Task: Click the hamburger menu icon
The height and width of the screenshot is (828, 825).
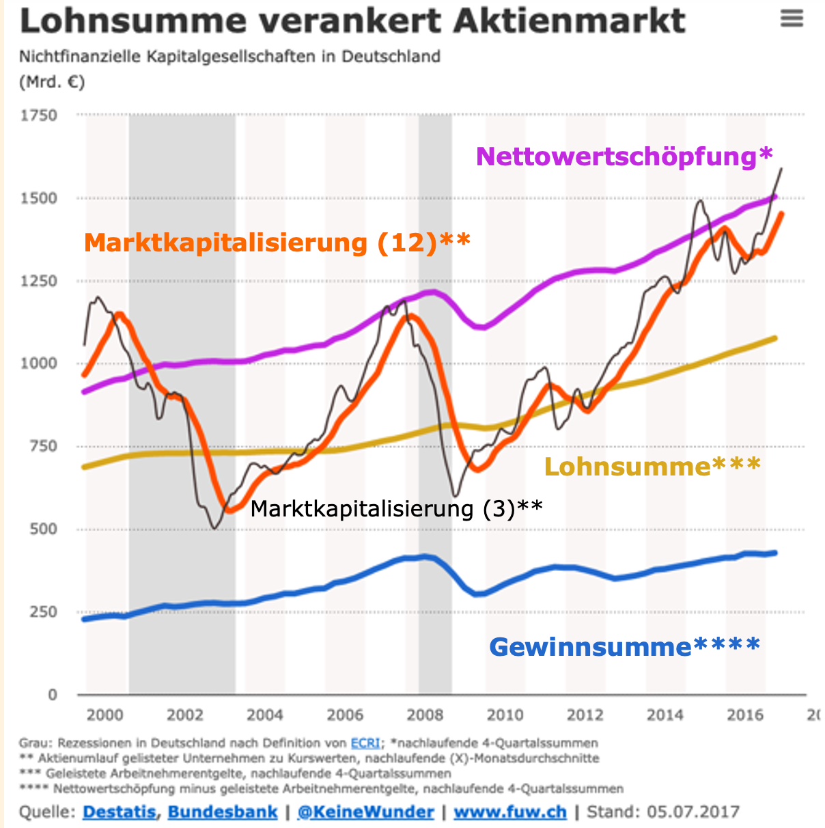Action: pyautogui.click(x=792, y=18)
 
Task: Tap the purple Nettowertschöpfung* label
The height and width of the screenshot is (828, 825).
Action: pyautogui.click(x=624, y=156)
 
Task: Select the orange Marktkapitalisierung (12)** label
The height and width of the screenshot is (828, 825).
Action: pyautogui.click(x=277, y=243)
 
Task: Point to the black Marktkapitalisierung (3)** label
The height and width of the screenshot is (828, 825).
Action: pyautogui.click(x=396, y=509)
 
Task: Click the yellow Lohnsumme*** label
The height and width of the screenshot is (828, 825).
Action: pyautogui.click(x=652, y=467)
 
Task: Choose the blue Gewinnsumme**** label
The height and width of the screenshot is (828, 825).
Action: pyautogui.click(x=624, y=646)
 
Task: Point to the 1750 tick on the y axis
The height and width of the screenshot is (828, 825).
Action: pyautogui.click(x=39, y=115)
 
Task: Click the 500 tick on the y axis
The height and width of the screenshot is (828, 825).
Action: pyautogui.click(x=43, y=529)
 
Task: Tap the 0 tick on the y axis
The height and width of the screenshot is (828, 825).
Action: pyautogui.click(x=53, y=695)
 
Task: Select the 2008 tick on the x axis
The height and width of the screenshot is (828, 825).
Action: pyautogui.click(x=425, y=715)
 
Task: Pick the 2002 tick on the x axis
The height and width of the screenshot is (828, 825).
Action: pyautogui.click(x=185, y=715)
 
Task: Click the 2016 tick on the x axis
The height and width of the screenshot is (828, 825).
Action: pyautogui.click(x=745, y=715)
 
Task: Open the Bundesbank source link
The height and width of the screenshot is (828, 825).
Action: pyautogui.click(x=223, y=812)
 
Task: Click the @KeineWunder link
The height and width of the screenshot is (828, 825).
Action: pyautogui.click(x=366, y=812)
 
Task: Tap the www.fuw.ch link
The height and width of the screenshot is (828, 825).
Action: pyautogui.click(x=510, y=812)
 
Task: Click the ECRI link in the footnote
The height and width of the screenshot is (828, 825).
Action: pyautogui.click(x=365, y=743)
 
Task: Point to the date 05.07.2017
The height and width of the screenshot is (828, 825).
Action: pyautogui.click(x=693, y=812)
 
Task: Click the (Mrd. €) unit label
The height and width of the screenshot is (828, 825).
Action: pyautogui.click(x=52, y=83)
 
